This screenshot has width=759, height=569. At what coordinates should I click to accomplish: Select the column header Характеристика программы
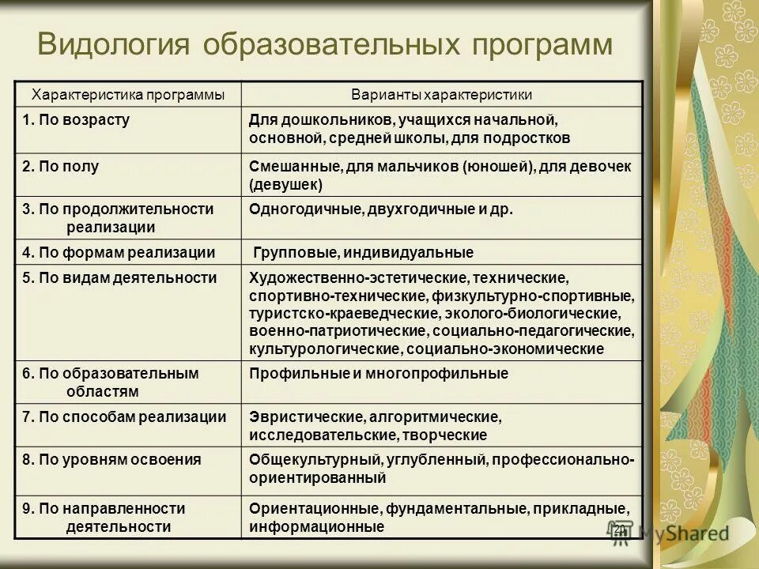[127, 95]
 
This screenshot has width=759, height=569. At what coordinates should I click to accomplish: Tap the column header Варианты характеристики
[441, 95]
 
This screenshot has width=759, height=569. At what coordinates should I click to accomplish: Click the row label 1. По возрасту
[76, 121]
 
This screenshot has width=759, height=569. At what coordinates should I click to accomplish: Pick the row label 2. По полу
[61, 167]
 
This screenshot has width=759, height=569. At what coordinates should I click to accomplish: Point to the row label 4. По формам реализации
[119, 253]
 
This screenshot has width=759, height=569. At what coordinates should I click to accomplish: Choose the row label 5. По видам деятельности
[119, 277]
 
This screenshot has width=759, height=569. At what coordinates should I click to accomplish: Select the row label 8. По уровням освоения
[111, 459]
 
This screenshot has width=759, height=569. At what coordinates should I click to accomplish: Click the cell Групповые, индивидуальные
[364, 253]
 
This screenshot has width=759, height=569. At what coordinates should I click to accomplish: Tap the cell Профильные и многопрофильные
[379, 374]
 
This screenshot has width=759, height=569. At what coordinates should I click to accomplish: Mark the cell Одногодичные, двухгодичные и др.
[381, 209]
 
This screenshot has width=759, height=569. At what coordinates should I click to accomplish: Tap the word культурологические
[327, 349]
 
